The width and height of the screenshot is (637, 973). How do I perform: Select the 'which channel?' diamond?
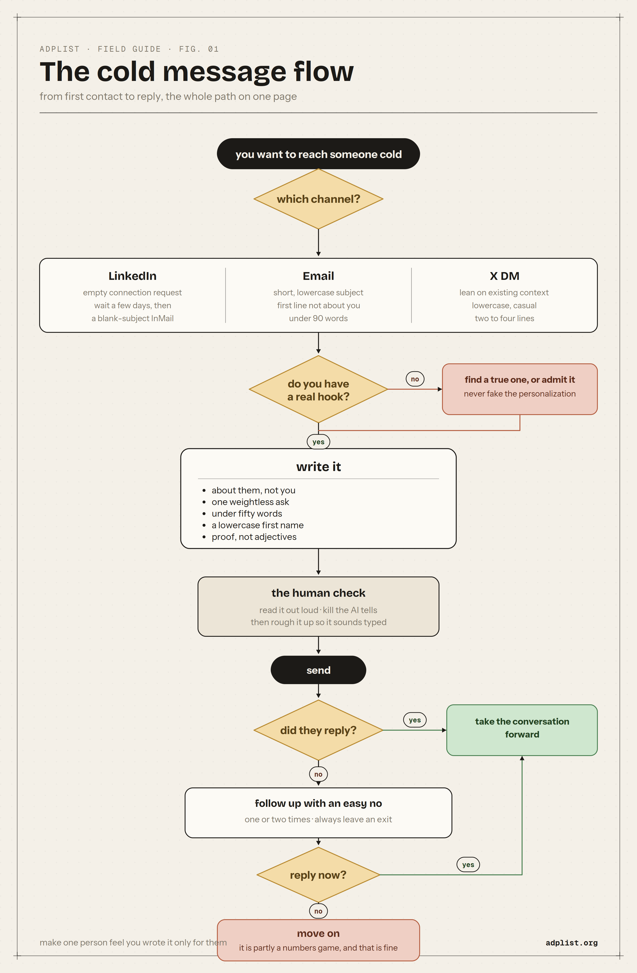[318, 199]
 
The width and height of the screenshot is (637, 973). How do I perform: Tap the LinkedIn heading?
[132, 276]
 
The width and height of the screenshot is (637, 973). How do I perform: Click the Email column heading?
[318, 276]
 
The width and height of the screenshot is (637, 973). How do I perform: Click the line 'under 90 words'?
[318, 318]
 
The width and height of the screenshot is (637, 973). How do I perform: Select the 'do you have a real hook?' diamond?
[318, 389]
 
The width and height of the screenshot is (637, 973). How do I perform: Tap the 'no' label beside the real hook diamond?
[415, 379]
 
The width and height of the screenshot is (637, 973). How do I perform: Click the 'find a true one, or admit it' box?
[520, 389]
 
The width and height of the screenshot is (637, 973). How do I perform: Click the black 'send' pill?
[318, 670]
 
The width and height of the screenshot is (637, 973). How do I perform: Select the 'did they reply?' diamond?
[318, 730]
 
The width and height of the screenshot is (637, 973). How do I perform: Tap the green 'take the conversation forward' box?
[522, 730]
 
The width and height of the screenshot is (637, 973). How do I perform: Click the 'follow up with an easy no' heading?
[318, 803]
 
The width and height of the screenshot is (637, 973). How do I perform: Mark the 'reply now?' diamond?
[318, 875]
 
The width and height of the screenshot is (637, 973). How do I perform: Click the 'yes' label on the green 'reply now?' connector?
[468, 865]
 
